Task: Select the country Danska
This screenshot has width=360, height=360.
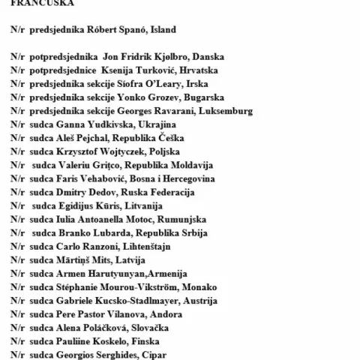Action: tap(205, 56)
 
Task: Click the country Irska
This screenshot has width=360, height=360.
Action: tap(194, 83)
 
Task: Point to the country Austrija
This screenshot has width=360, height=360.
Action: tap(200, 301)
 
